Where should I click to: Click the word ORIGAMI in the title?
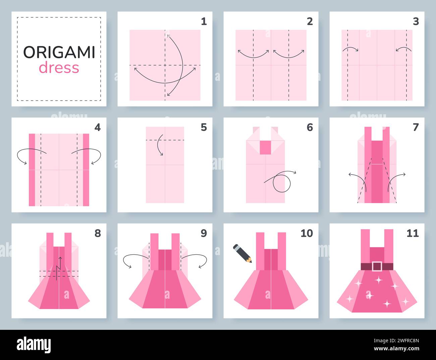(59, 52)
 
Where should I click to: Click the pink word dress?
(59, 68)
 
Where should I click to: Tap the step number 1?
(204, 22)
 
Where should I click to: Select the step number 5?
(204, 127)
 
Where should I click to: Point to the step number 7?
(416, 127)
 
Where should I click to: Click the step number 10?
(306, 233)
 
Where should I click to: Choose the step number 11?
(413, 233)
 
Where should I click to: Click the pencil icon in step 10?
(242, 253)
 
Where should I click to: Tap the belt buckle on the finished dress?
(377, 266)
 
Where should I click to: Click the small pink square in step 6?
(265, 147)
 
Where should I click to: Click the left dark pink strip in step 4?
(32, 170)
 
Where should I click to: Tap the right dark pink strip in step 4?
(86, 170)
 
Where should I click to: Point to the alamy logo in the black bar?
(34, 345)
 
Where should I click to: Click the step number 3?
(416, 22)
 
